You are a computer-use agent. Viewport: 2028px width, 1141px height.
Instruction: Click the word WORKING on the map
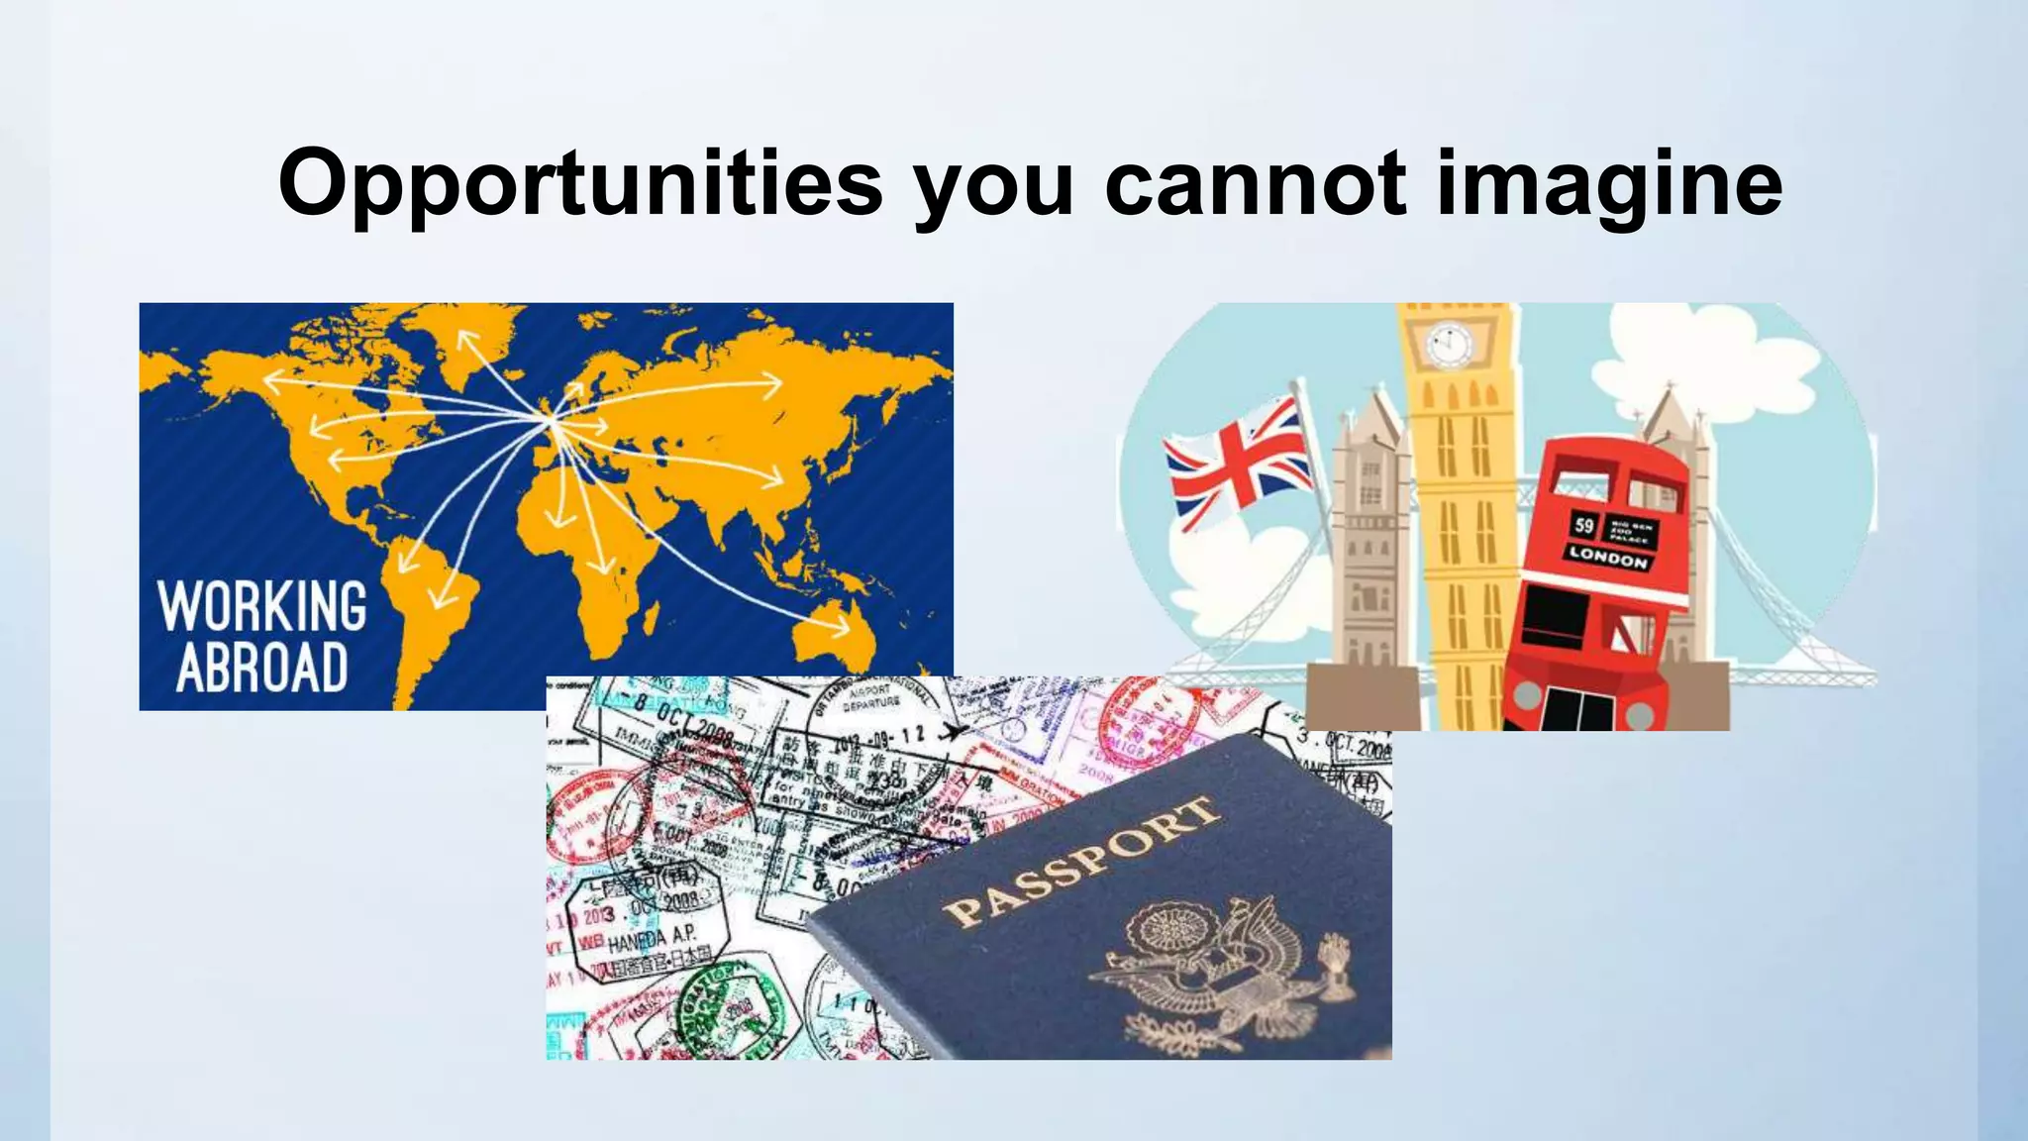click(x=262, y=606)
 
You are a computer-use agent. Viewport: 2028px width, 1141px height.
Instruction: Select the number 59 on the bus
click(x=1584, y=525)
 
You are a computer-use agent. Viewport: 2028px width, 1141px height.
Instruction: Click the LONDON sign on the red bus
click(x=1608, y=558)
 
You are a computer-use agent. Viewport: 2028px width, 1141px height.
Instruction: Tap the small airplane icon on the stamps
click(x=955, y=732)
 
